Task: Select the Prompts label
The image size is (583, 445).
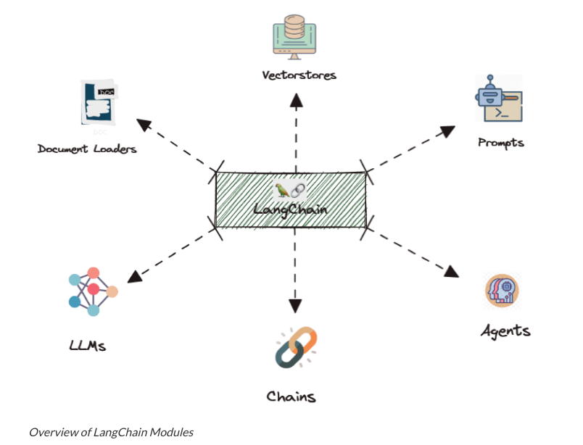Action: (x=500, y=142)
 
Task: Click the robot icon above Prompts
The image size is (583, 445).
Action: (x=498, y=99)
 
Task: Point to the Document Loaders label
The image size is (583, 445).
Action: (x=87, y=149)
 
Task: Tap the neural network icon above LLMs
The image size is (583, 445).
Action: (x=93, y=290)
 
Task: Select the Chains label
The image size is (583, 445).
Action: (x=291, y=396)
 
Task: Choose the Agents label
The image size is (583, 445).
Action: (x=505, y=331)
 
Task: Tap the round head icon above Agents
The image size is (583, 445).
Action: (x=502, y=291)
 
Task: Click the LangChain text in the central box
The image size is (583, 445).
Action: (x=290, y=209)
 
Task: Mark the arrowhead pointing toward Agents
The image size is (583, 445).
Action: (x=452, y=271)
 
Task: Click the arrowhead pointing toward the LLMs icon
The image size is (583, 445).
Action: (x=135, y=275)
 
